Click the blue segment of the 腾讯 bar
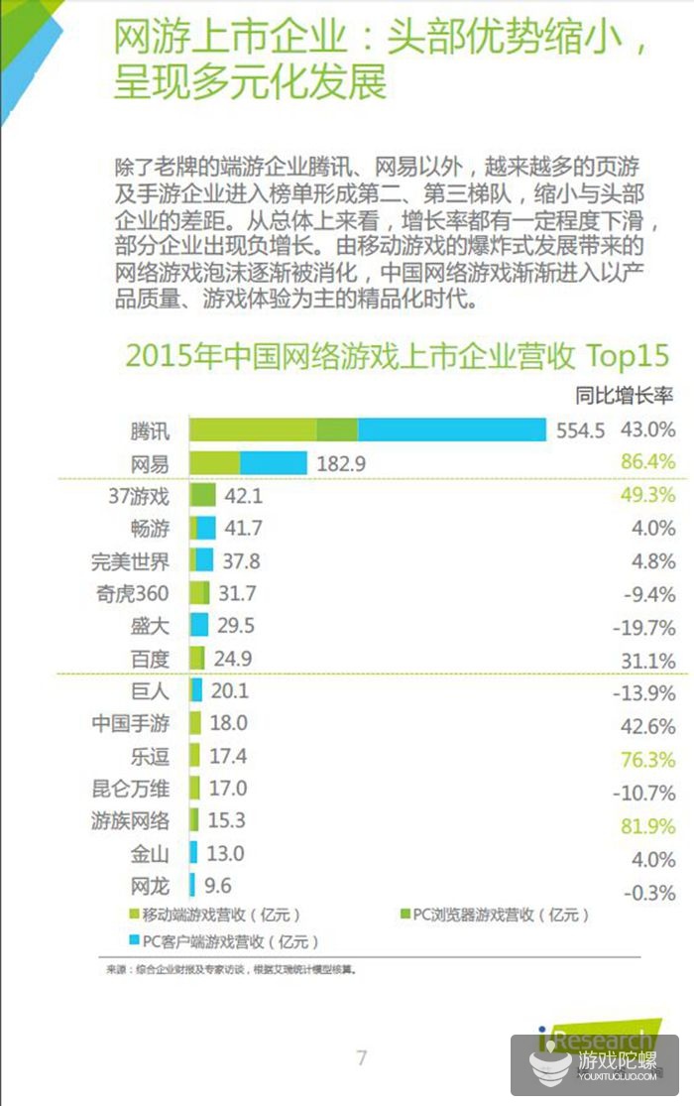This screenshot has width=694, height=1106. click(452, 430)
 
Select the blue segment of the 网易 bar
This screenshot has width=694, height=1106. click(274, 462)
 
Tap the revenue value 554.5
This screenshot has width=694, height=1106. click(581, 430)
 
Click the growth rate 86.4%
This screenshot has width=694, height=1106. click(647, 462)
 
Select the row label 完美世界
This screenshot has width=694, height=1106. click(130, 560)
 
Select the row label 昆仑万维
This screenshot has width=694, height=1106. click(130, 790)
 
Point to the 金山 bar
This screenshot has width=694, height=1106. click(194, 852)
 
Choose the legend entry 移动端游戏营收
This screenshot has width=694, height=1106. click(213, 915)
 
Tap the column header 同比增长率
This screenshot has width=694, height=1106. click(625, 397)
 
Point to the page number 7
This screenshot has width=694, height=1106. click(362, 1057)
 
